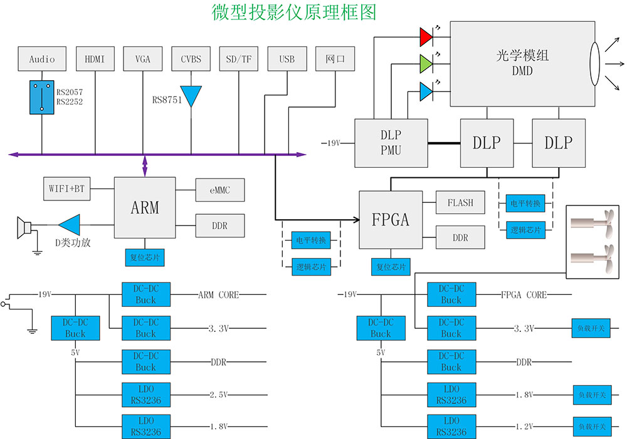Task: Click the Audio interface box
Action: point(42,59)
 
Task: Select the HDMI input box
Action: point(95,59)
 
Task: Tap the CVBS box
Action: point(191,59)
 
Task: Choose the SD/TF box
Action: point(239,59)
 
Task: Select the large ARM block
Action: point(145,207)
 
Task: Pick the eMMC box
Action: point(219,190)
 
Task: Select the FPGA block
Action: point(391,219)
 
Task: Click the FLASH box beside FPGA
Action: point(460,203)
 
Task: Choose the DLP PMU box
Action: point(391,143)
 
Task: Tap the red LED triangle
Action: point(426,37)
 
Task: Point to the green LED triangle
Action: point(426,64)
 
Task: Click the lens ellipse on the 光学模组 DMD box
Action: point(594,64)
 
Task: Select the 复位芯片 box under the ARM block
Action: point(145,257)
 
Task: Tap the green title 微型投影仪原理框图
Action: point(294,13)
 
